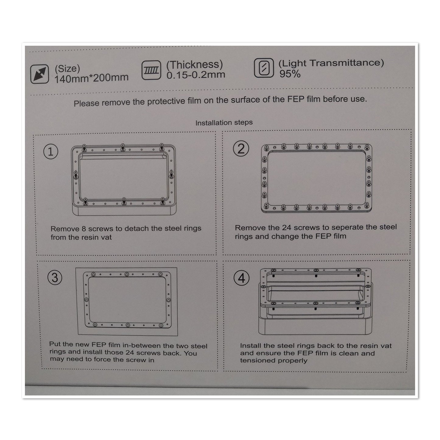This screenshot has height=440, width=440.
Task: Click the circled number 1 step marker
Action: pos(51,152)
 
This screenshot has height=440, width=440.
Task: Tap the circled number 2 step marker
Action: pos(241,149)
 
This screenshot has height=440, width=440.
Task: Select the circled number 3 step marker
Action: pos(55,277)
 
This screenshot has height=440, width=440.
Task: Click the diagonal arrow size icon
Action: pos(40,74)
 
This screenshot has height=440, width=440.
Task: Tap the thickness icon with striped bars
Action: pos(151,71)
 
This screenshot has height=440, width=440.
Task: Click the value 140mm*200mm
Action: pos(91,78)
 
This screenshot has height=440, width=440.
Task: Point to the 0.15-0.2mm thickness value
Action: pos(195,75)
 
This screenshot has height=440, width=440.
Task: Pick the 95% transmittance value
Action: pos(290,74)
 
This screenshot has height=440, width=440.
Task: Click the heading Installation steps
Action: pos(224,123)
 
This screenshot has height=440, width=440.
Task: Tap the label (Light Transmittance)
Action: pos(331,63)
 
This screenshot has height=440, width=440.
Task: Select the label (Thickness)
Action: pos(195,65)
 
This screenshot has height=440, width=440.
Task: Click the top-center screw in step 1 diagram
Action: pos(122,146)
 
